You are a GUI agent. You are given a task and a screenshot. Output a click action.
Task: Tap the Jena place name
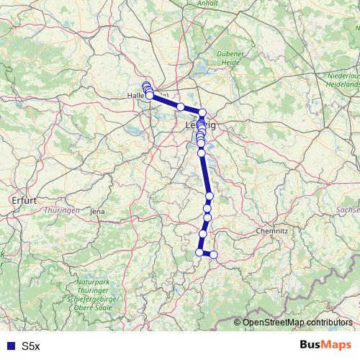pyautogui.click(x=96, y=211)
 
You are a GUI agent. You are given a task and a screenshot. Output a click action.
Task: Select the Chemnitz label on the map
pyautogui.click(x=273, y=231)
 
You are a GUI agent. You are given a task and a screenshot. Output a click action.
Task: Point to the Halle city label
pyautogui.click(x=137, y=95)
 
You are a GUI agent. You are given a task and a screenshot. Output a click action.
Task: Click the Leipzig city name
pyautogui.click(x=201, y=125)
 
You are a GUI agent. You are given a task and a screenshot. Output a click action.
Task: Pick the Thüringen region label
pyautogui.click(x=61, y=210)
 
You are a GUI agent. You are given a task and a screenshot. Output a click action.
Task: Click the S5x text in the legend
pyautogui.click(x=30, y=346)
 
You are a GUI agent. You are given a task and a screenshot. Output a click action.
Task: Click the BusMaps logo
pyautogui.click(x=325, y=345)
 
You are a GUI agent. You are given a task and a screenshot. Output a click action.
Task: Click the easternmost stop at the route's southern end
pyautogui.click(x=214, y=254)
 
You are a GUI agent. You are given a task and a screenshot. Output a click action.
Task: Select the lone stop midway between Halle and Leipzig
pyautogui.click(x=181, y=107)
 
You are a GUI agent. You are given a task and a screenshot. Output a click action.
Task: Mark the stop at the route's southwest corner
pyautogui.click(x=199, y=252)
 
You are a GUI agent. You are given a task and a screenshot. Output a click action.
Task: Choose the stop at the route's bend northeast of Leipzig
pyautogui.click(x=203, y=112)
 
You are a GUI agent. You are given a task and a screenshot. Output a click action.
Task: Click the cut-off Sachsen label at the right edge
pyautogui.click(x=348, y=209)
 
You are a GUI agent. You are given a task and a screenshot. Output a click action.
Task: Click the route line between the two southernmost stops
pyautogui.click(x=207, y=253)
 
